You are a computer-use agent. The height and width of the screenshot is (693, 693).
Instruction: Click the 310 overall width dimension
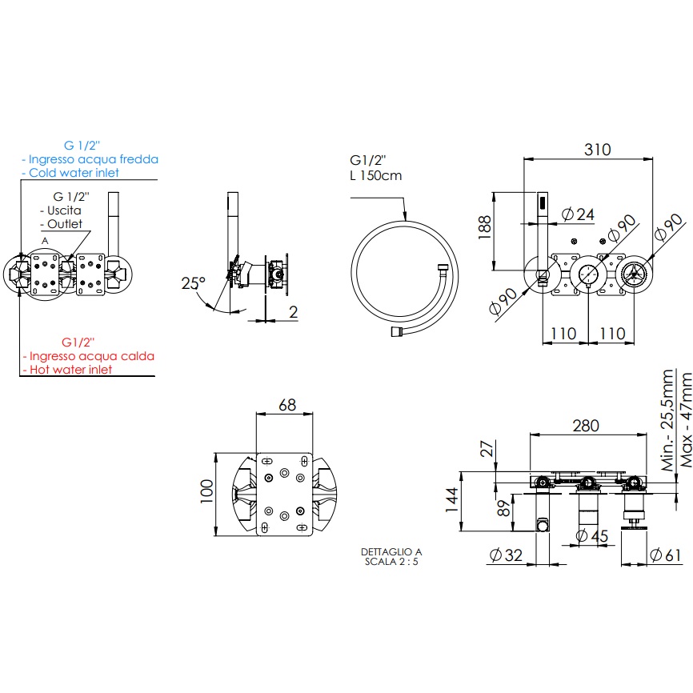[x=597, y=149]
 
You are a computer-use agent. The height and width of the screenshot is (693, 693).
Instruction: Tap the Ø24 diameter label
[x=579, y=214]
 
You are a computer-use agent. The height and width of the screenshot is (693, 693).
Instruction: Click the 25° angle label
[x=193, y=282]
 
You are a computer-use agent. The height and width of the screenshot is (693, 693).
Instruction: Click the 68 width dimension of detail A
[x=286, y=404]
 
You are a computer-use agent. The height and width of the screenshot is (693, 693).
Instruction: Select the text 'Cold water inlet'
[x=73, y=173]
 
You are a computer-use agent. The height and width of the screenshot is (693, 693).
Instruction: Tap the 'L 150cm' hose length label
[x=376, y=175]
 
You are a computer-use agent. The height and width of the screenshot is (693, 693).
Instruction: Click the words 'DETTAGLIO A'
[x=391, y=552]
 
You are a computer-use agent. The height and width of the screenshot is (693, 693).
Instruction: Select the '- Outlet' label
[x=65, y=224]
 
